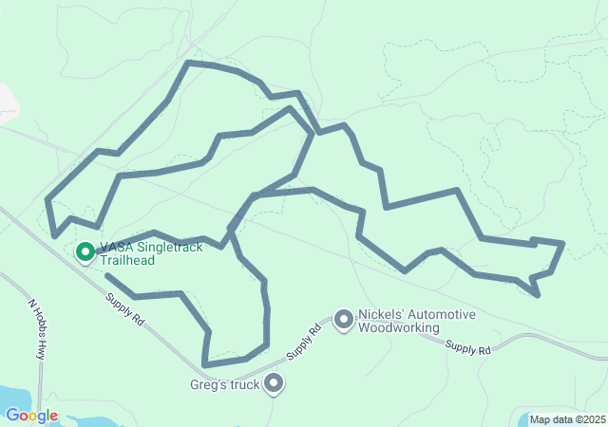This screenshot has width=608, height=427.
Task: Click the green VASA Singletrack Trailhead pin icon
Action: point(85,251)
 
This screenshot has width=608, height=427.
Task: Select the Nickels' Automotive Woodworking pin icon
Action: point(343,322)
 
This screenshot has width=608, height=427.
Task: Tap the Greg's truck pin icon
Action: point(274,384)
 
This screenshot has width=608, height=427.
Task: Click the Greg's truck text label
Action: point(224,384)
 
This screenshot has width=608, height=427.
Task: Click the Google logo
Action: point(31,416)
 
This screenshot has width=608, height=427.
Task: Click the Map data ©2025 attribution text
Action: point(566,419)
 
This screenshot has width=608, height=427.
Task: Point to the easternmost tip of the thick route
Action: point(564,244)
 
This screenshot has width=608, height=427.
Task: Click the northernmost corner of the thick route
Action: point(188,63)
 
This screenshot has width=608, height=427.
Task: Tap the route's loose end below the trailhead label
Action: point(106,275)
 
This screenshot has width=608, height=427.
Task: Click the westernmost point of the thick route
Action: point(47,199)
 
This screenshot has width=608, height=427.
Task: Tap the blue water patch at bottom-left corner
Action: point(13,398)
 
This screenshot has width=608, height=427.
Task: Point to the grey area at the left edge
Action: point(6,102)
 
